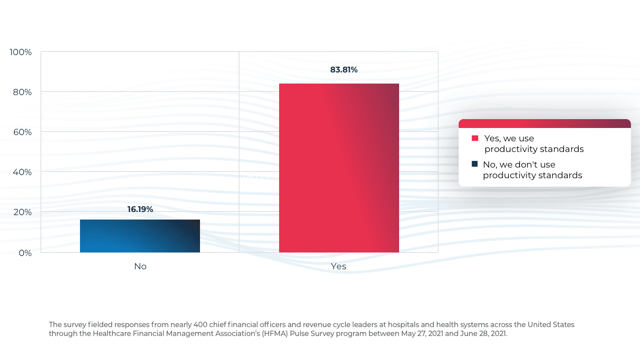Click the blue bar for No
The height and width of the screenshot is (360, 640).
(140, 236)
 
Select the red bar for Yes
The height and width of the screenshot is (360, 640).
(339, 168)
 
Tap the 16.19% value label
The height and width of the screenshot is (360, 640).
(140, 209)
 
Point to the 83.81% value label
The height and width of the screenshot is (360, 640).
(344, 70)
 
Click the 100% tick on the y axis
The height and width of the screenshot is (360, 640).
(21, 52)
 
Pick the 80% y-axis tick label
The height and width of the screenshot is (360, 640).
(22, 92)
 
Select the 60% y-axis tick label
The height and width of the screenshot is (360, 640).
(22, 132)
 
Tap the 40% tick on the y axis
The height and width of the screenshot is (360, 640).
(22, 172)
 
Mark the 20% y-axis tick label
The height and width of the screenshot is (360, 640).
(22, 212)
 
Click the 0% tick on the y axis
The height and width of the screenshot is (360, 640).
(24, 253)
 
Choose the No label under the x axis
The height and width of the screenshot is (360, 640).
(140, 267)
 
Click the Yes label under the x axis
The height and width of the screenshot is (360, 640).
(339, 267)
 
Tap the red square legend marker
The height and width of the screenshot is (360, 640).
(475, 138)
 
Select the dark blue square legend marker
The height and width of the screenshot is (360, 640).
(475, 164)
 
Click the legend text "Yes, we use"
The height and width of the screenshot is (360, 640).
(509, 139)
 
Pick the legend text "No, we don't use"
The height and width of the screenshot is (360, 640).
(519, 165)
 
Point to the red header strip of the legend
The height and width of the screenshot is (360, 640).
(544, 124)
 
